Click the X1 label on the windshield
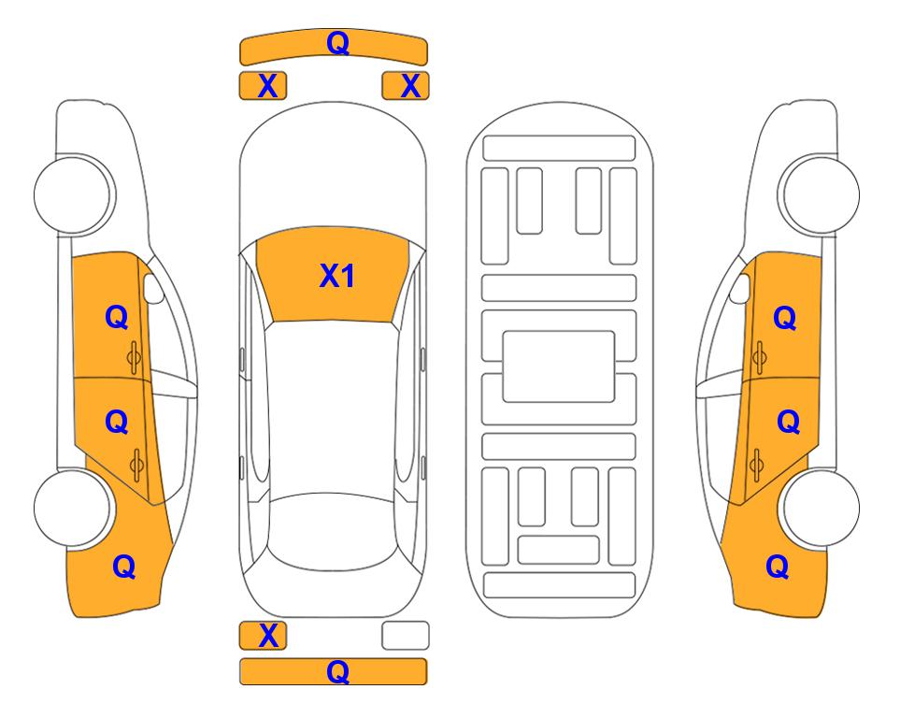337,276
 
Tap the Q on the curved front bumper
337,43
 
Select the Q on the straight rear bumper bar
337,671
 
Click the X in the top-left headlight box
267,86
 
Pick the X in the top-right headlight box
410,86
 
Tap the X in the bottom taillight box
268,636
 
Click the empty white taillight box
406,636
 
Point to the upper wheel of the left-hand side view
73,194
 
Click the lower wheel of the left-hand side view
73,508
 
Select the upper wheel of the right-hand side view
820,194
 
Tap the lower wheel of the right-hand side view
820,508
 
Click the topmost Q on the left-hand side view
116,317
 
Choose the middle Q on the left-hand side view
116,423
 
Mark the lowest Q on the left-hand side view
123,567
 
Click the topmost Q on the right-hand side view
785,318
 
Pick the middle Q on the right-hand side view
788,423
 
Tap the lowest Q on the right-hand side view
778,567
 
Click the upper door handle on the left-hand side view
134,357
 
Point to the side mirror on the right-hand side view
739,288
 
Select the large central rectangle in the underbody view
559,366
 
